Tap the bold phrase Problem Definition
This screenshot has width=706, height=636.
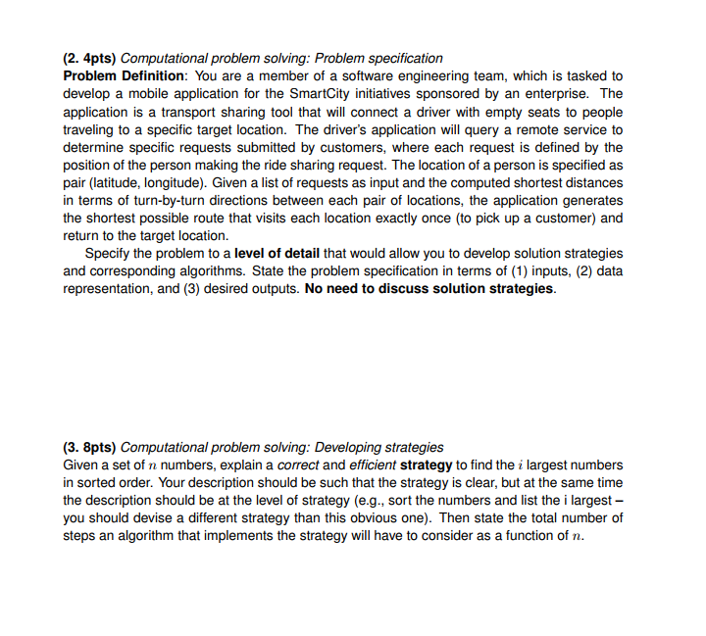125,75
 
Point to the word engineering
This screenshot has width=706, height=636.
354,75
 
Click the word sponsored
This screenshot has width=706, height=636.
474,93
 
